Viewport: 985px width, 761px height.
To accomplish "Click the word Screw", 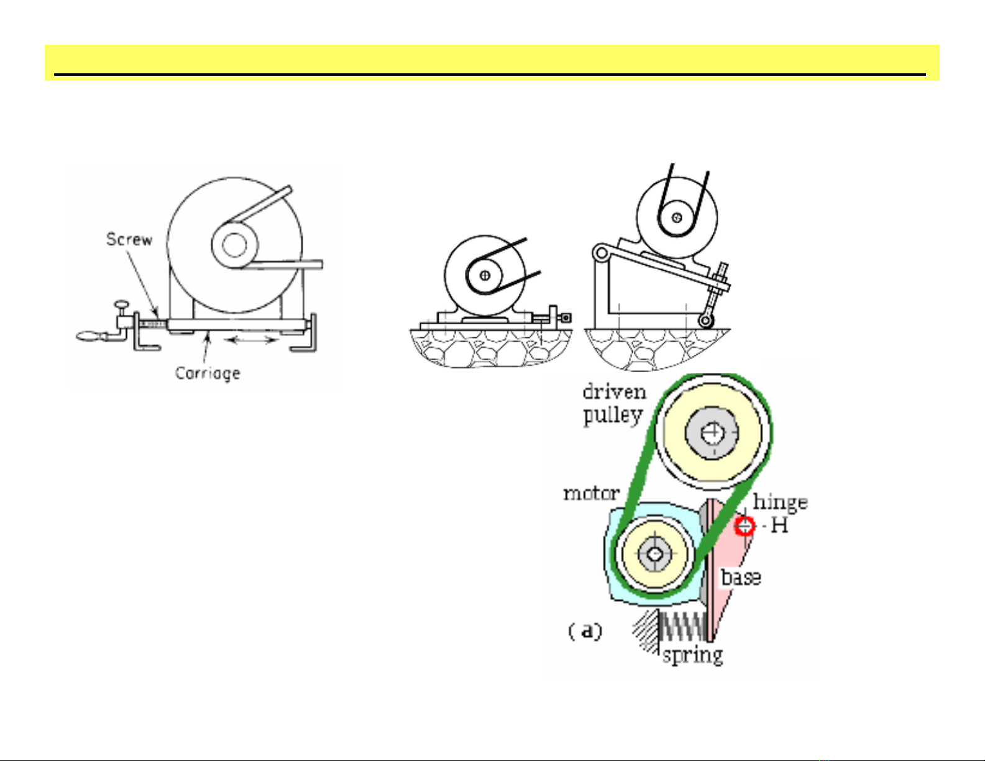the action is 129,239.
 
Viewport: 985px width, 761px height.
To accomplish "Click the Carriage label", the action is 208,373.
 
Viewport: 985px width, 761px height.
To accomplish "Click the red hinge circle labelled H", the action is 744,526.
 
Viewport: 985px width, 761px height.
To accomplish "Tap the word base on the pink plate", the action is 741,578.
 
